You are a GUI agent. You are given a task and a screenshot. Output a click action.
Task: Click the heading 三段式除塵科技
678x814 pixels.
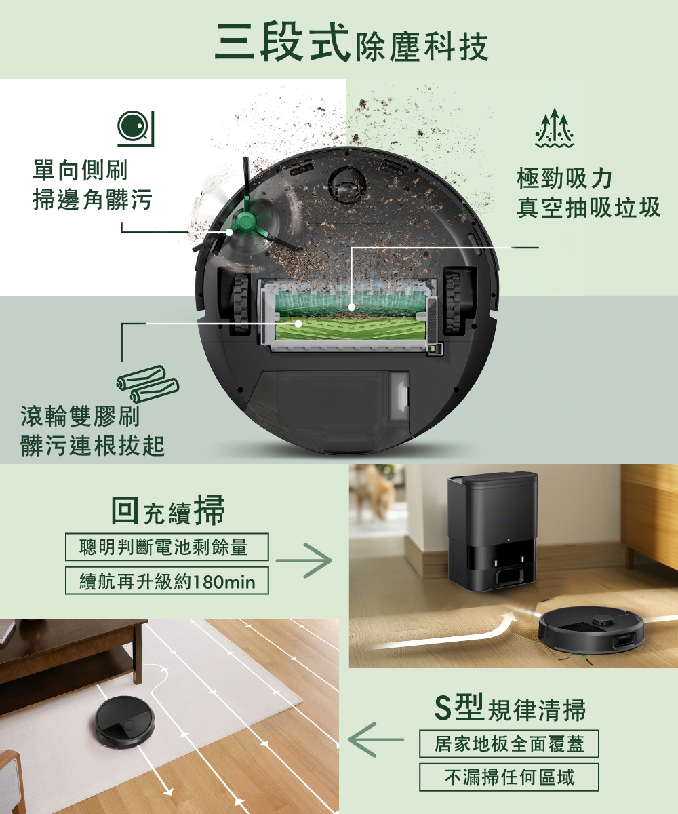[x=351, y=43]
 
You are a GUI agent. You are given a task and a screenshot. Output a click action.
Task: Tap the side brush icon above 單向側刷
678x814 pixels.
[x=136, y=128]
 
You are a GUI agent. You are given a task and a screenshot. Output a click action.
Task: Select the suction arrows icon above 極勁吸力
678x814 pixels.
[x=555, y=129]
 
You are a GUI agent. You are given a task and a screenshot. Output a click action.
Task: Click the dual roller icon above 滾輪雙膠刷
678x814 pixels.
[x=147, y=383]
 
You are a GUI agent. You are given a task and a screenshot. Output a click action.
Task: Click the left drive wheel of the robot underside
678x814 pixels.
[x=241, y=303]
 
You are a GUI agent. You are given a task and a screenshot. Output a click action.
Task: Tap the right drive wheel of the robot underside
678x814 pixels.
[x=453, y=303]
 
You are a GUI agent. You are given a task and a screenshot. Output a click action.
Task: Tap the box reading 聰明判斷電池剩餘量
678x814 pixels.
[x=167, y=547]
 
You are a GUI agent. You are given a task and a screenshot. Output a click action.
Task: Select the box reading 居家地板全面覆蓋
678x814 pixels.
[x=509, y=744]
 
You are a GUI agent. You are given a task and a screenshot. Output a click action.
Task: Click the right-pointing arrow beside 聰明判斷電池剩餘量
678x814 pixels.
[x=304, y=560]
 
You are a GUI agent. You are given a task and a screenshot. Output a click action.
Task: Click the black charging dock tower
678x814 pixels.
[x=493, y=532]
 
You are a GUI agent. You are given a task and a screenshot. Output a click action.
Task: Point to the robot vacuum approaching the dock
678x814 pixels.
[x=589, y=631]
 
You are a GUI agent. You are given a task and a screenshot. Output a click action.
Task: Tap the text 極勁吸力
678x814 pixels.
[x=564, y=178]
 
